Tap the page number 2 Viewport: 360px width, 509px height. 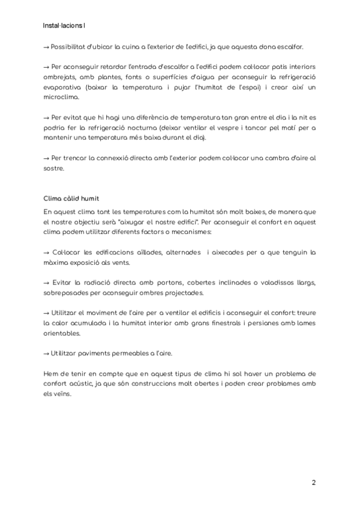[313, 482]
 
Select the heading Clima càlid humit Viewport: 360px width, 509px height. [71, 198]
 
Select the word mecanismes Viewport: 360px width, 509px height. [186, 232]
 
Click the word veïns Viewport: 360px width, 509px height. [61, 394]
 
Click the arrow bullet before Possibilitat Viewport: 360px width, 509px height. [47, 47]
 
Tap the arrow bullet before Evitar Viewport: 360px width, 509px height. [47, 283]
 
